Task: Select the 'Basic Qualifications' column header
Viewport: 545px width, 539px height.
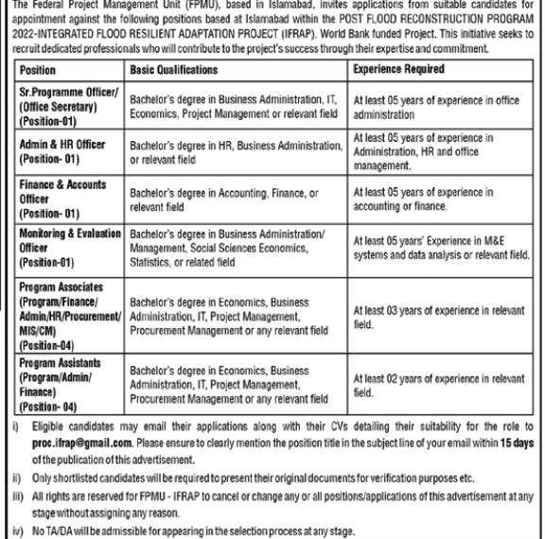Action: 173,70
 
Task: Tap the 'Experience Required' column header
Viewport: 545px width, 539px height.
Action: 398,70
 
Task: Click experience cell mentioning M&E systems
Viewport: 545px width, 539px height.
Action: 440,248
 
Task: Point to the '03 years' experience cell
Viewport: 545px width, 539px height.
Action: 438,316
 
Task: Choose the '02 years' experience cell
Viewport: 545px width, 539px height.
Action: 438,385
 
